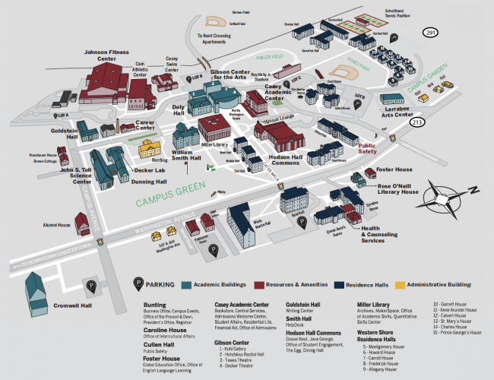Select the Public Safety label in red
click(367, 147)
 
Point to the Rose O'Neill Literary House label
click(399, 188)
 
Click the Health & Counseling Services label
click(381, 233)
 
